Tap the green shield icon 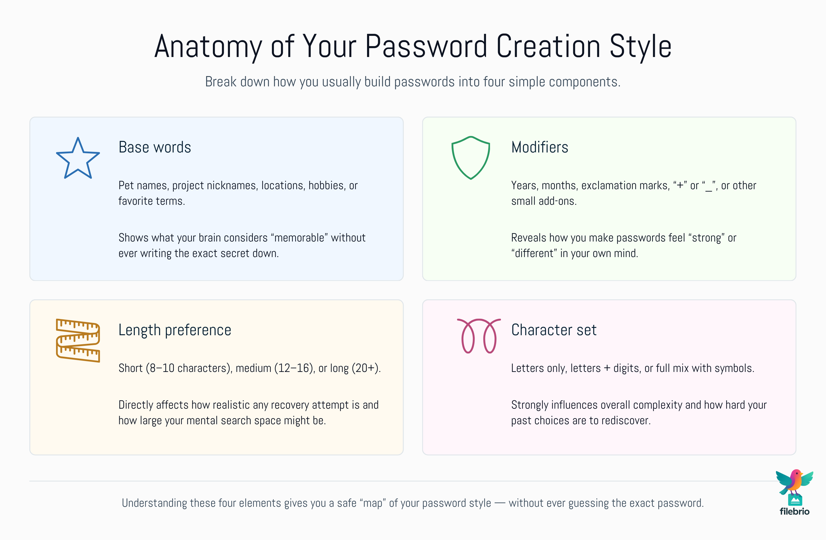point(470,158)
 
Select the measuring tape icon point(78,340)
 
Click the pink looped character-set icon point(479,336)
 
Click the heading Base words point(154,147)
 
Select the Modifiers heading point(539,147)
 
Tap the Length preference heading point(175,330)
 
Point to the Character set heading point(554,330)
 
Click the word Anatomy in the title point(208,47)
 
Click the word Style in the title point(640,47)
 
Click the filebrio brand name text point(794,511)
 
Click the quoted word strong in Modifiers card point(706,238)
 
